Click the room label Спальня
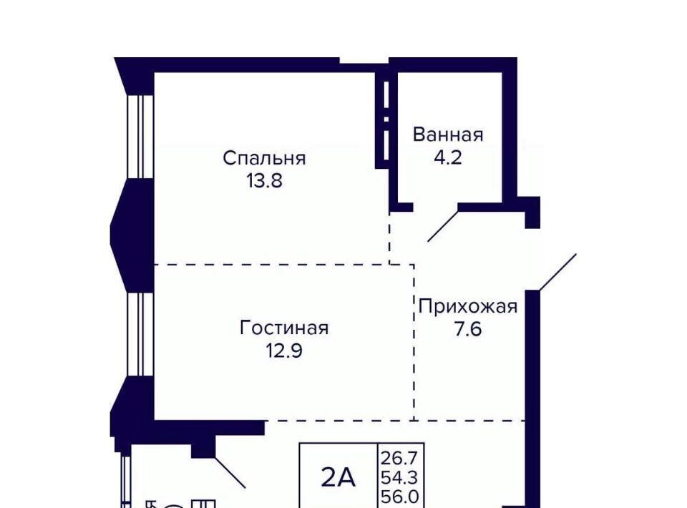click(264, 158)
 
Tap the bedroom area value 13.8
click(264, 180)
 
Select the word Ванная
click(448, 135)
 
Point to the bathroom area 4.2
click(448, 157)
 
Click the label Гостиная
click(284, 328)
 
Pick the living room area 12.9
click(284, 351)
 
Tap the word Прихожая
click(468, 306)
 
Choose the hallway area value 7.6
click(468, 329)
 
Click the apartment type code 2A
click(338, 477)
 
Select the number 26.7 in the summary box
click(400, 459)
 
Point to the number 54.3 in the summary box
click(400, 477)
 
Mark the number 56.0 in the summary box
click(400, 497)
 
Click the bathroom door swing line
click(443, 226)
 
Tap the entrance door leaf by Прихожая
click(557, 271)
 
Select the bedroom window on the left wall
click(140, 137)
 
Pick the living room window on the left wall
click(140, 334)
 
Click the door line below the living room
click(230, 472)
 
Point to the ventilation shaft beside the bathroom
click(385, 119)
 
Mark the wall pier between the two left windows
click(132, 235)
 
